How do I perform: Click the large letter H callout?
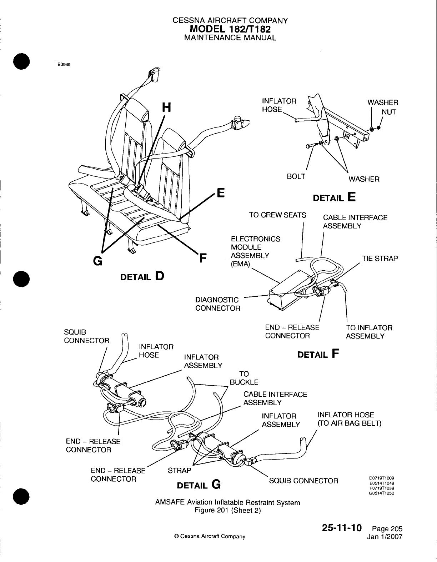166,107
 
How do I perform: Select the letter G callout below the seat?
96,261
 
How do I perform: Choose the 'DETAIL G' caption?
199,485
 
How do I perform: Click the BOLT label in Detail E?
296,176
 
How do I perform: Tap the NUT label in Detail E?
389,112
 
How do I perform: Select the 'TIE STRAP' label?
380,259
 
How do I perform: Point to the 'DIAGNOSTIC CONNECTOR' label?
217,303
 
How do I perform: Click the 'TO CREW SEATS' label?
277,215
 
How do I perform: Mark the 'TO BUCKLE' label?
244,378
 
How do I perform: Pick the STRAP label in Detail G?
179,471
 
